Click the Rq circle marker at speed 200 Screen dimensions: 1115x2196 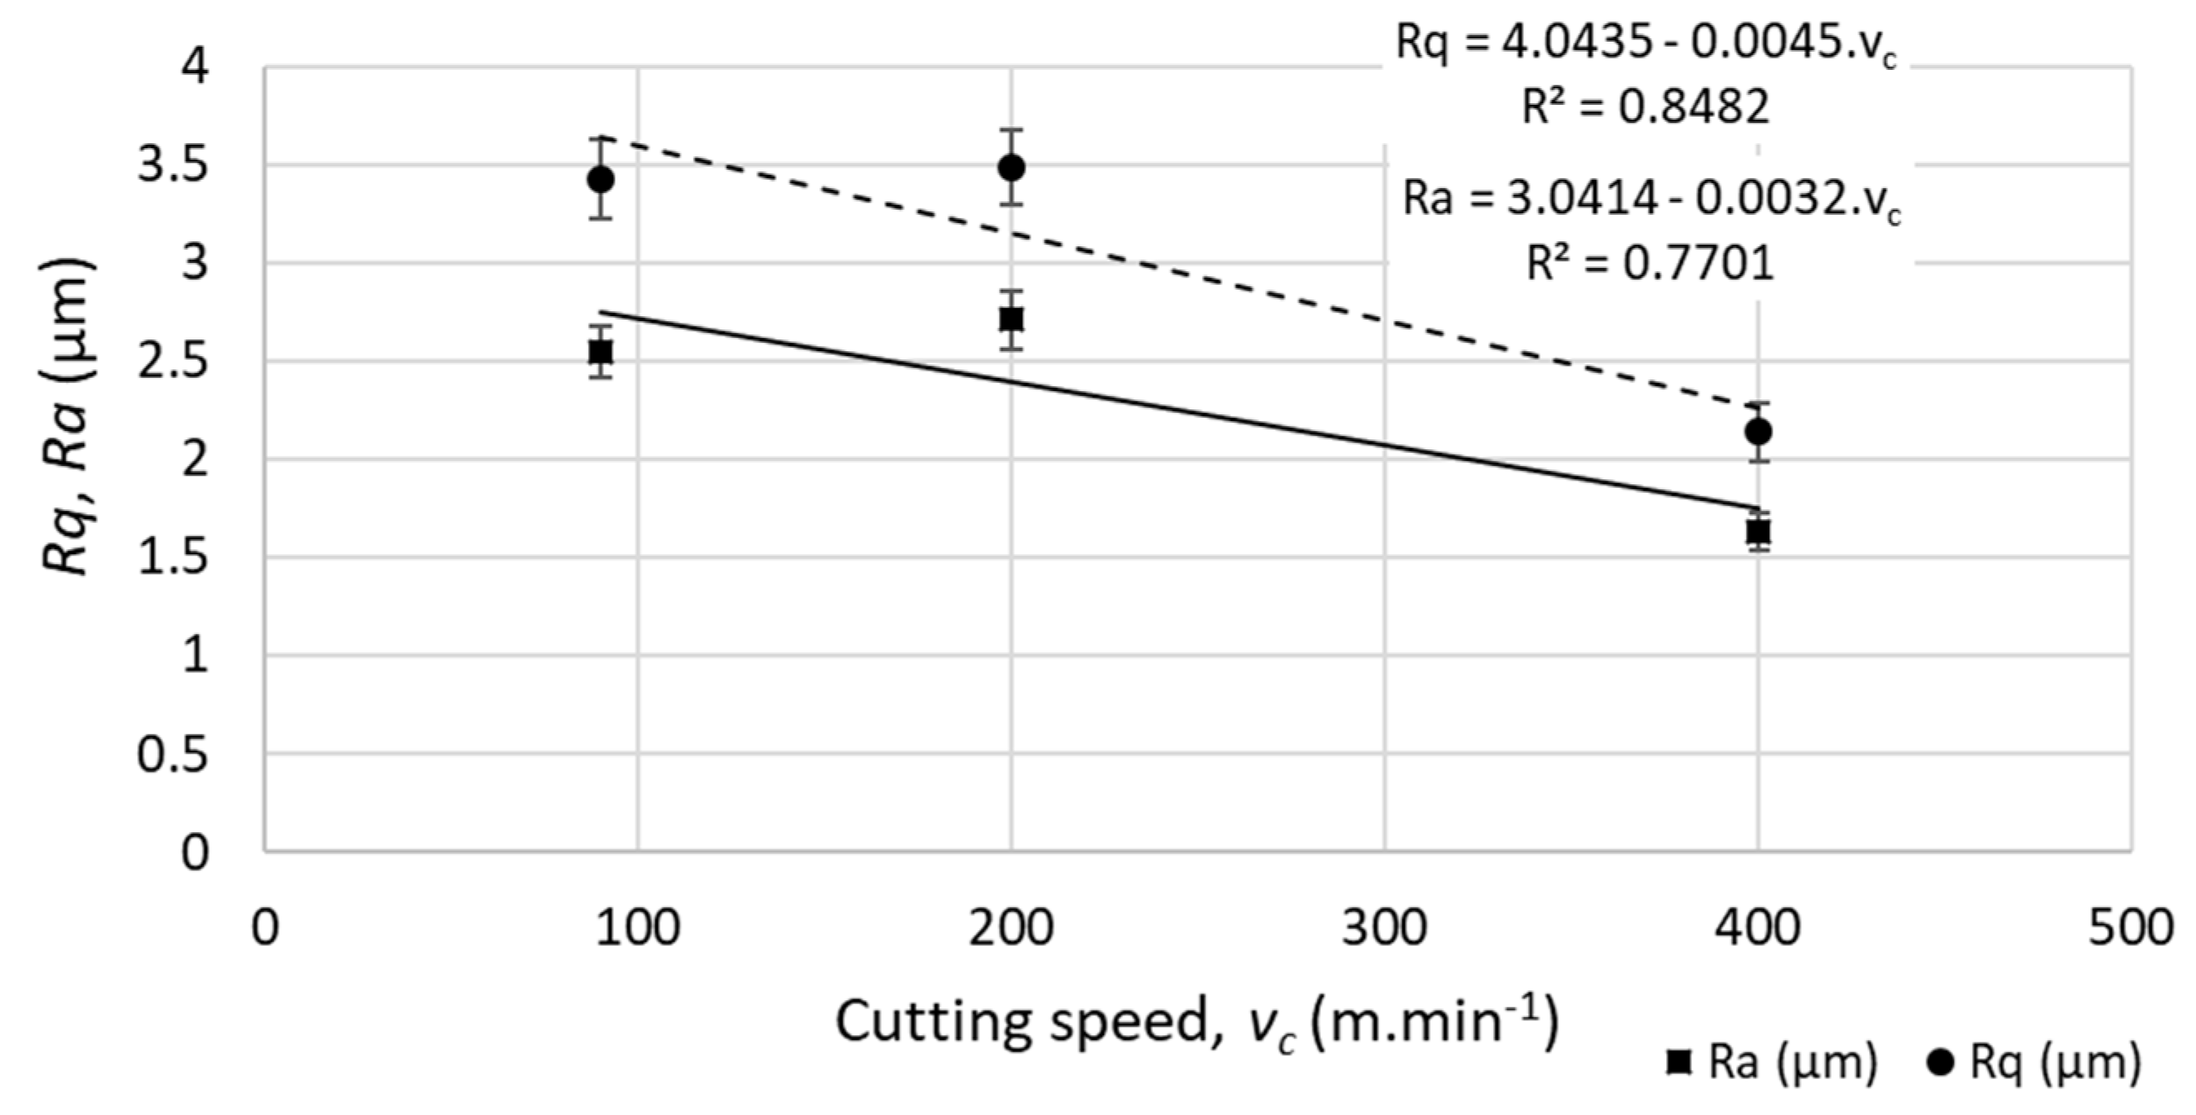[1011, 167]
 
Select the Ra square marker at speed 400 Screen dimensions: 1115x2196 [1758, 532]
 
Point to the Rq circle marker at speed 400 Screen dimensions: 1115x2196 [1758, 432]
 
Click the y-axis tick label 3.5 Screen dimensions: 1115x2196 [173, 166]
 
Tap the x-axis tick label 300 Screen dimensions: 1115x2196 [1383, 929]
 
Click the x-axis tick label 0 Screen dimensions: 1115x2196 [265, 929]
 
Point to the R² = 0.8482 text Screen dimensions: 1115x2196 [1645, 108]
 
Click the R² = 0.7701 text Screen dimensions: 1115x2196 [1649, 263]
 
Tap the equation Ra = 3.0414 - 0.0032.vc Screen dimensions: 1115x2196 [1651, 201]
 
